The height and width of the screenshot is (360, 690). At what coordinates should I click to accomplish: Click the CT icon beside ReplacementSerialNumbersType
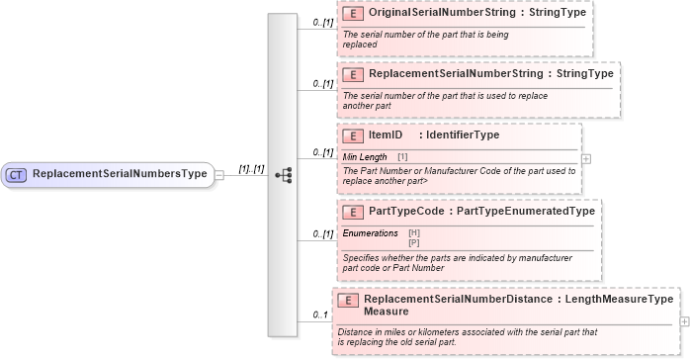point(16,174)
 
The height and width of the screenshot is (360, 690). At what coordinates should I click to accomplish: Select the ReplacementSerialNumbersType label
point(120,174)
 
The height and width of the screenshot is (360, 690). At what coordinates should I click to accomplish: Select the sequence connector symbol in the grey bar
point(284,175)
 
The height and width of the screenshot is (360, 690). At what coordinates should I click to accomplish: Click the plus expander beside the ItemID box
point(586,158)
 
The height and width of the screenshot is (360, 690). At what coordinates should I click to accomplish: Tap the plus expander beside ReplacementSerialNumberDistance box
point(684,320)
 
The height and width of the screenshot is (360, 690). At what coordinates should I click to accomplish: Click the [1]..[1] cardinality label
point(251,168)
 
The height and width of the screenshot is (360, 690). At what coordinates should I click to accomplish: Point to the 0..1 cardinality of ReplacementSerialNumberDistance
point(319,315)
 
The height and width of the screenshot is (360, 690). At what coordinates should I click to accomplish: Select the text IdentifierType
point(462,135)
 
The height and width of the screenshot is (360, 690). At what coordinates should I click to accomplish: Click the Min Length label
point(365,156)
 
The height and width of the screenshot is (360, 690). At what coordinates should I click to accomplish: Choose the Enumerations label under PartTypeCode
point(371,232)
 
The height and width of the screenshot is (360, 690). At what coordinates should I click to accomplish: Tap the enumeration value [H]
point(414,232)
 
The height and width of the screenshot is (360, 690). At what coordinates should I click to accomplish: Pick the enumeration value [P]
point(414,241)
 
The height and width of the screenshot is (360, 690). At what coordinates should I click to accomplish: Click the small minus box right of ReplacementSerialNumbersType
point(219,175)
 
